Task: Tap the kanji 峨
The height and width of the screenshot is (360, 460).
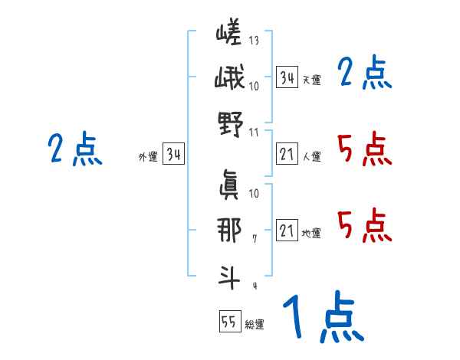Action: click(x=230, y=80)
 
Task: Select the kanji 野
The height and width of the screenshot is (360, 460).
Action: click(x=230, y=123)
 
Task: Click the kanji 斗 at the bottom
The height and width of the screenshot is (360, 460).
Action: click(x=230, y=275)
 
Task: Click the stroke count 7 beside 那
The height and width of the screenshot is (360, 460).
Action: click(x=254, y=240)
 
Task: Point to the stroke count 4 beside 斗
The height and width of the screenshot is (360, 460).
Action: click(x=254, y=286)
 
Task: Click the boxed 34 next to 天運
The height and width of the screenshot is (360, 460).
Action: click(x=287, y=77)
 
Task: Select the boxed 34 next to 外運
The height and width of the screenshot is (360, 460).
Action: click(x=173, y=155)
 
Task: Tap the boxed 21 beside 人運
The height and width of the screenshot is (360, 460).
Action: click(x=287, y=155)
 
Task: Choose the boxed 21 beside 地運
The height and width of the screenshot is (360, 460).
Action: click(x=287, y=231)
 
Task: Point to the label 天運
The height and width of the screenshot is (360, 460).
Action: click(x=311, y=80)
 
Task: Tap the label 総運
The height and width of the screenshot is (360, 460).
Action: click(x=255, y=325)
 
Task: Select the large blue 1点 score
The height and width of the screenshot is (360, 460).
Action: click(x=322, y=317)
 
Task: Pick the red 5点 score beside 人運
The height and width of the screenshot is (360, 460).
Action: click(x=364, y=149)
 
